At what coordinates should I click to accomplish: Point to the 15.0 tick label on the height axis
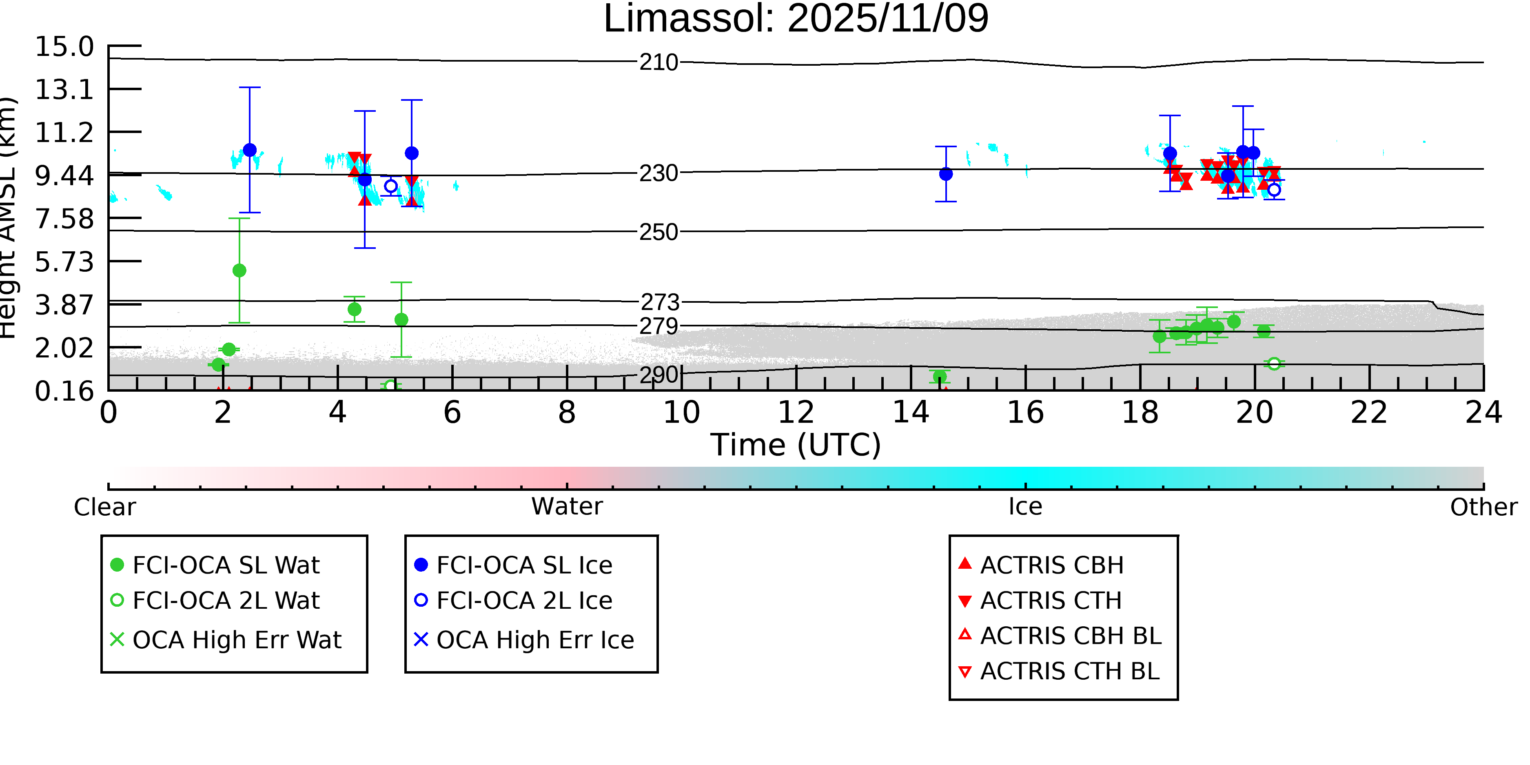[64, 47]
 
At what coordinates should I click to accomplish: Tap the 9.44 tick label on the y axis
[64, 176]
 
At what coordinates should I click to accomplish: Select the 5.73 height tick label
[64, 262]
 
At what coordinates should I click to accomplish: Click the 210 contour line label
[659, 62]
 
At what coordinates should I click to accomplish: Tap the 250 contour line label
[659, 232]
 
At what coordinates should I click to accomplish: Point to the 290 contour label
[659, 375]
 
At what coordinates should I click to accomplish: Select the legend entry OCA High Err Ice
[534, 640]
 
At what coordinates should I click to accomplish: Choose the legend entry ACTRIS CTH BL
[1069, 672]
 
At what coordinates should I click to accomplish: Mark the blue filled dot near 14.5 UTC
[946, 174]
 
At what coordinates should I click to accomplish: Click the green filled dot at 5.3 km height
[239, 271]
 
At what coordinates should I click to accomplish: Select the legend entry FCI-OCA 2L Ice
[524, 601]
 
